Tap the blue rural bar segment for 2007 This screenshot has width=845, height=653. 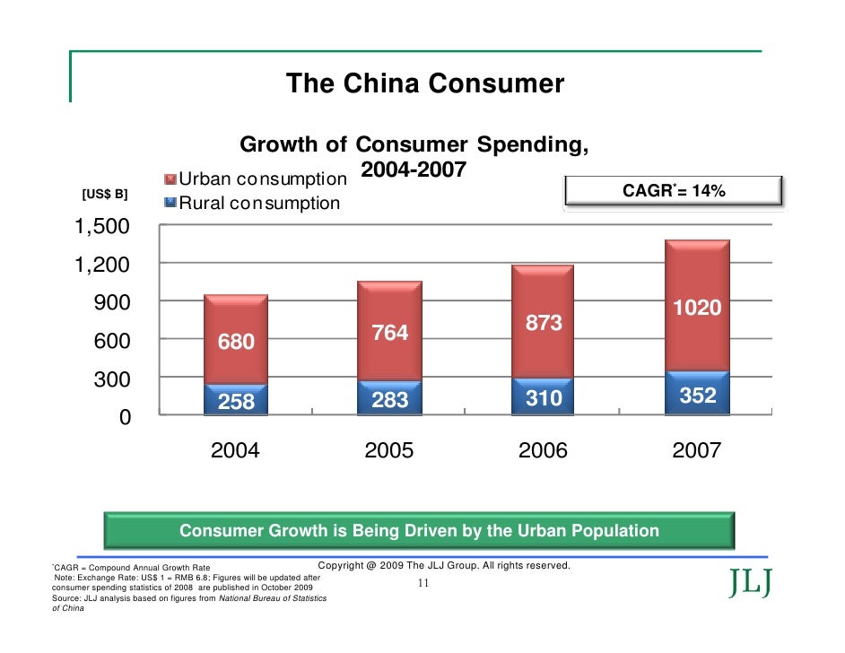point(697,393)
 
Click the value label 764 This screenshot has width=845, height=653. point(390,333)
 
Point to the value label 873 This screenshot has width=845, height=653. point(544,323)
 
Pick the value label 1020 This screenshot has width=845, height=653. point(697,309)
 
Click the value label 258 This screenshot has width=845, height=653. point(237,402)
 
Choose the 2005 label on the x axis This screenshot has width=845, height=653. point(389,451)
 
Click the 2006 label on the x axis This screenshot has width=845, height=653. point(544,451)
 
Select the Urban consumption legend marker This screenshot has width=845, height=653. point(170,178)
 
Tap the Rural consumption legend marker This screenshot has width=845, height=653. point(170,202)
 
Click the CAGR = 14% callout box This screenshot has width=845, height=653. point(674,192)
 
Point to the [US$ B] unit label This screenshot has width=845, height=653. point(105,194)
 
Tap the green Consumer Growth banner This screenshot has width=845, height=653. point(419,531)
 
